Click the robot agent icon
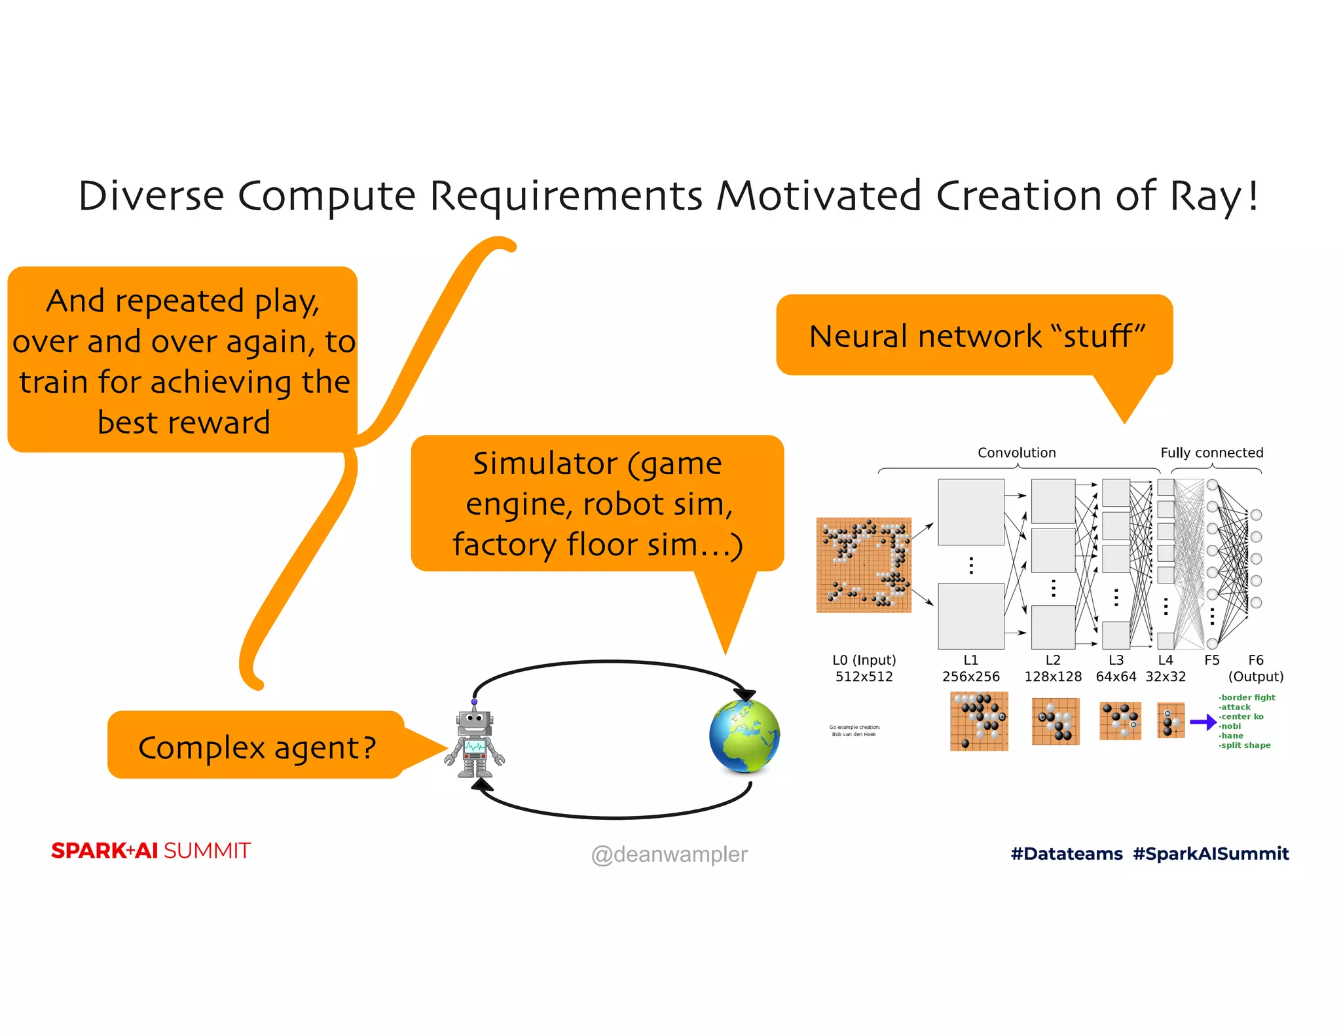pos(475,740)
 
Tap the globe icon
pos(744,736)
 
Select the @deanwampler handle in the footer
pos(669,854)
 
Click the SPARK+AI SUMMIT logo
pos(151,851)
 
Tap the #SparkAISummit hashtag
pos(1211,853)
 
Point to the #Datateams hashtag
pos(1067,853)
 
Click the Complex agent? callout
pos(257,747)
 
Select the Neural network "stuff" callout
pos(976,336)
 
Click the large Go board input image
pos(864,565)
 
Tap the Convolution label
pos(1016,453)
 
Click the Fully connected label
pos(1211,453)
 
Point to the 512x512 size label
pos(864,676)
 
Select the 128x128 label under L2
pos(1052,676)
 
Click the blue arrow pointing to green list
pos(1202,722)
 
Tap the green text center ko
pos(1241,716)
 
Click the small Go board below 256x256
pos(979,721)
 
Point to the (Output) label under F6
pos(1255,676)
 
